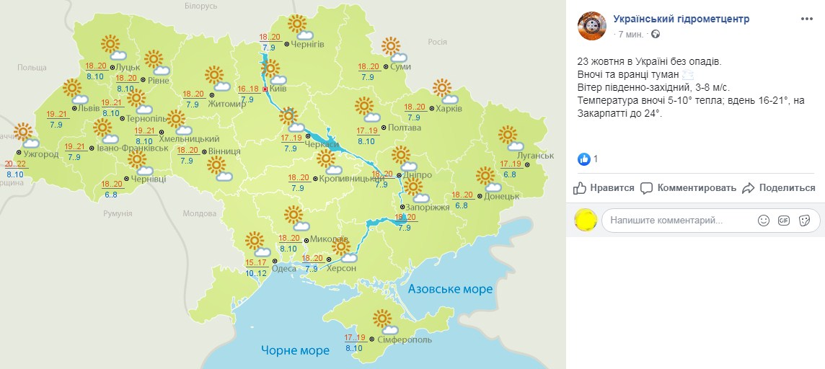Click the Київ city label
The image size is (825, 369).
point(278,89)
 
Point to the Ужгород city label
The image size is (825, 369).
point(40,154)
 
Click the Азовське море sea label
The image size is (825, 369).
point(450,289)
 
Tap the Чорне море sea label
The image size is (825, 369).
point(295,350)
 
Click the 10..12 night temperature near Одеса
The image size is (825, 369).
point(255,272)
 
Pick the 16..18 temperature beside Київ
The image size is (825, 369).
point(248,89)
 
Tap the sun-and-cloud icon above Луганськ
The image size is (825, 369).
point(510,137)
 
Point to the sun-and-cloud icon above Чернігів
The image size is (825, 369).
point(299,27)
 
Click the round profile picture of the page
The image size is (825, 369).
point(592,25)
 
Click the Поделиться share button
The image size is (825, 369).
point(780,188)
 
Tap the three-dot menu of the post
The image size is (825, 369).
point(808,19)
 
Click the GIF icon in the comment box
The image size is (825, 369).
point(784,221)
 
